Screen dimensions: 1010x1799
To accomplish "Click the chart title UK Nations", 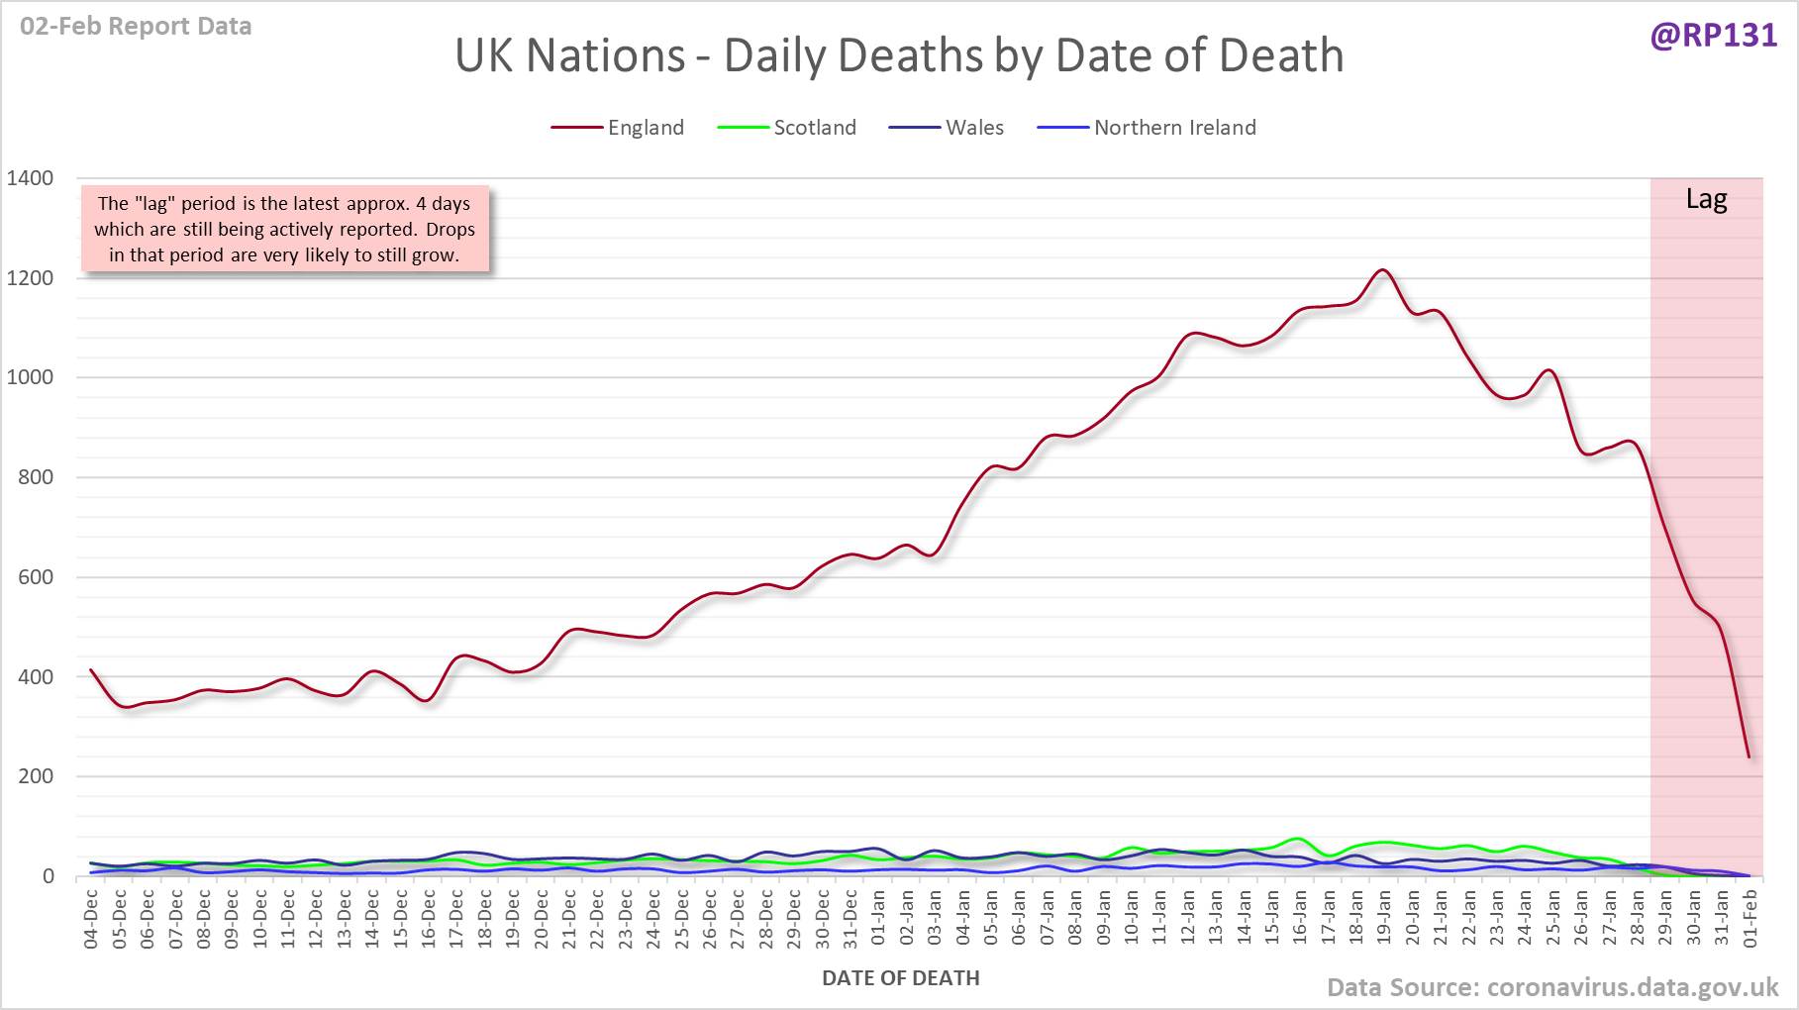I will pyautogui.click(x=899, y=55).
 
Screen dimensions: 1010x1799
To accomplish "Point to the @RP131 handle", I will pyautogui.click(x=1714, y=36).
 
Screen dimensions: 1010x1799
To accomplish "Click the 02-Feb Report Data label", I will pyautogui.click(x=136, y=27).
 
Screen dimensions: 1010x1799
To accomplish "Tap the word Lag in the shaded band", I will pyautogui.click(x=1706, y=199).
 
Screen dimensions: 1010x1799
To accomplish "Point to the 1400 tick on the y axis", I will pyautogui.click(x=31, y=178).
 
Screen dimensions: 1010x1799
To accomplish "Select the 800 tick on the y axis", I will pyautogui.click(x=36, y=477).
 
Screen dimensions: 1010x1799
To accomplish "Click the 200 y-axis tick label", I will pyautogui.click(x=36, y=776).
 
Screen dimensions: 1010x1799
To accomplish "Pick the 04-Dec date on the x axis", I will pyautogui.click(x=91, y=920).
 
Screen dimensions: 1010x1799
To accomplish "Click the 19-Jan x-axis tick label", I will pyautogui.click(x=1384, y=920).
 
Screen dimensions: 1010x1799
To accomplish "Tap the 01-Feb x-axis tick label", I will pyautogui.click(x=1750, y=920).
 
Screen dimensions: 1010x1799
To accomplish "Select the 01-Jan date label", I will pyautogui.click(x=878, y=920).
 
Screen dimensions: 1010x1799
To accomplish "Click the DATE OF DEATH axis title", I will pyautogui.click(x=900, y=978).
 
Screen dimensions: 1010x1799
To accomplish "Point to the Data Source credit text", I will pyautogui.click(x=1551, y=987).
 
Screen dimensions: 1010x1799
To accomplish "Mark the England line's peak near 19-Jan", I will pyautogui.click(x=1383, y=269).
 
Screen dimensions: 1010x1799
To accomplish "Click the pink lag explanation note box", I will pyautogui.click(x=284, y=229).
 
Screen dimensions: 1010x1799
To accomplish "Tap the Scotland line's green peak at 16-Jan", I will pyautogui.click(x=1298, y=839).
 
